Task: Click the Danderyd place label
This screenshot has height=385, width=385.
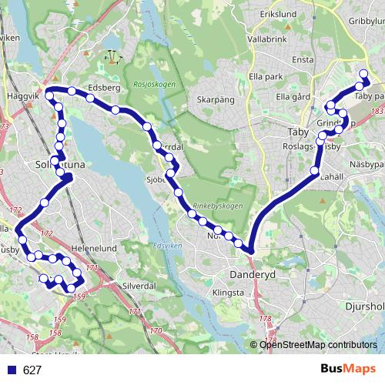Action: pos(248,273)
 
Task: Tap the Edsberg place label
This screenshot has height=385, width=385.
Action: pos(104,88)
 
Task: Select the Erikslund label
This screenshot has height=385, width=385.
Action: pos(278,14)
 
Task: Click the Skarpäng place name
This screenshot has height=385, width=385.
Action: pos(215,100)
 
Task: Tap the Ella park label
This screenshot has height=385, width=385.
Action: pos(267,76)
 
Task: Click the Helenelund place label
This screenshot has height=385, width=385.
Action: pos(93,249)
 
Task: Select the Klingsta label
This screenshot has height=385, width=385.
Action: pos(228,293)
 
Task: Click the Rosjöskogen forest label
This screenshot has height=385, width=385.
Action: pos(154,85)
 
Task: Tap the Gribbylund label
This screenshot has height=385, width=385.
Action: pos(365,22)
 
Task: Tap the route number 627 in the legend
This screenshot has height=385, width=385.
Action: pos(32,370)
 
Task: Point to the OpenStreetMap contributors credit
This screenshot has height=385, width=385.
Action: pos(318,344)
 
